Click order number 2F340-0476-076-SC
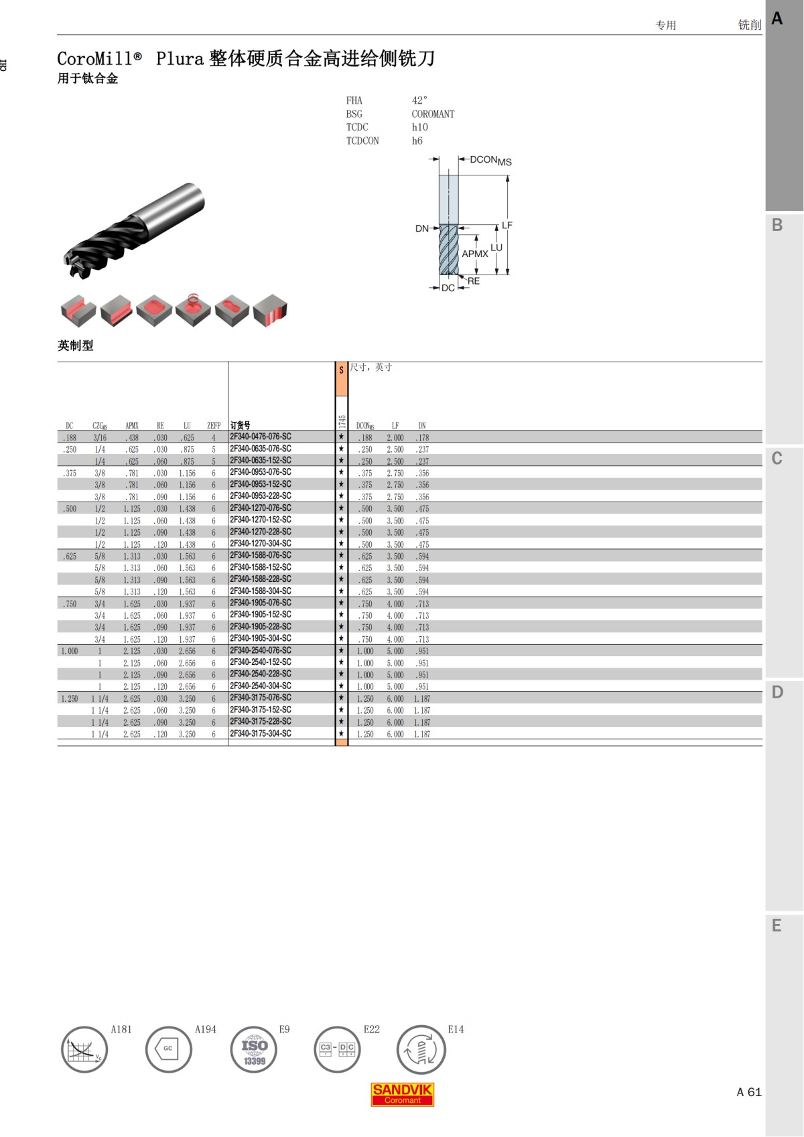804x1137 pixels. coord(261,437)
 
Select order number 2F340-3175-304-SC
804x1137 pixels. coord(261,734)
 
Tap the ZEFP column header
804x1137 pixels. coord(214,425)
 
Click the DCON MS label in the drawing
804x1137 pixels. coord(490,160)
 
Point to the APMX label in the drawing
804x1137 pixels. coord(474,254)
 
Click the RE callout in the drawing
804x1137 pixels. coord(474,281)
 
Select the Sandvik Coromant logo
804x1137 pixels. coord(402,1094)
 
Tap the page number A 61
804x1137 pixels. coord(749,1092)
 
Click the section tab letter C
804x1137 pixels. coord(777,459)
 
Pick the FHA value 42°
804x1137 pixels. coord(419,100)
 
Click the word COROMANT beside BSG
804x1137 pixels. coord(433,114)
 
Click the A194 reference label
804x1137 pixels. coord(205,1029)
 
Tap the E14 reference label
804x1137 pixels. coord(456,1029)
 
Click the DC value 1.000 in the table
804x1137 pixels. coord(69,651)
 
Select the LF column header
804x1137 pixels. coord(395,425)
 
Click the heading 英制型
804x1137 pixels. coord(75,346)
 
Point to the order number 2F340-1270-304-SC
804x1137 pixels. coord(261,544)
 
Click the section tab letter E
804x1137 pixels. coord(777,926)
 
